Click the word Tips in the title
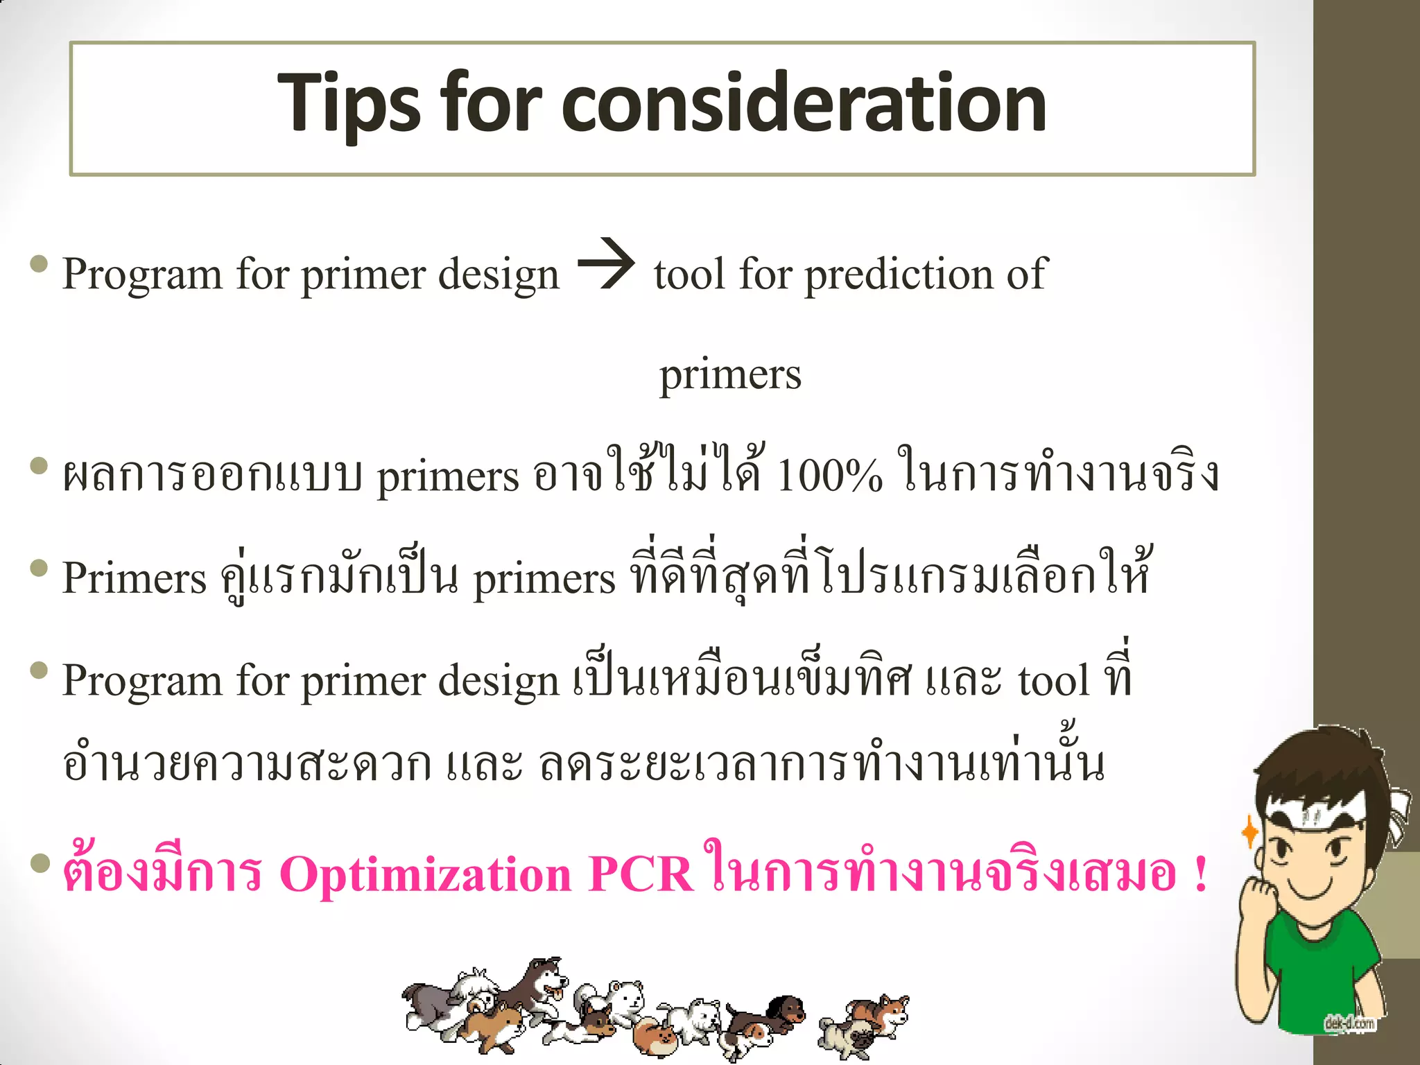tap(348, 104)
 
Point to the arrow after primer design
tap(606, 264)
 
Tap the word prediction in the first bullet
tap(899, 275)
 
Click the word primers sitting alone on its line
tap(729, 375)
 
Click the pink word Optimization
tap(425, 875)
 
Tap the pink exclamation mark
tap(1202, 875)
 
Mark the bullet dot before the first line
tap(40, 264)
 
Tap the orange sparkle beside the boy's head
tap(1249, 831)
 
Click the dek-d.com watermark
tap(1349, 1023)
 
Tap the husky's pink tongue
tap(553, 996)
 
